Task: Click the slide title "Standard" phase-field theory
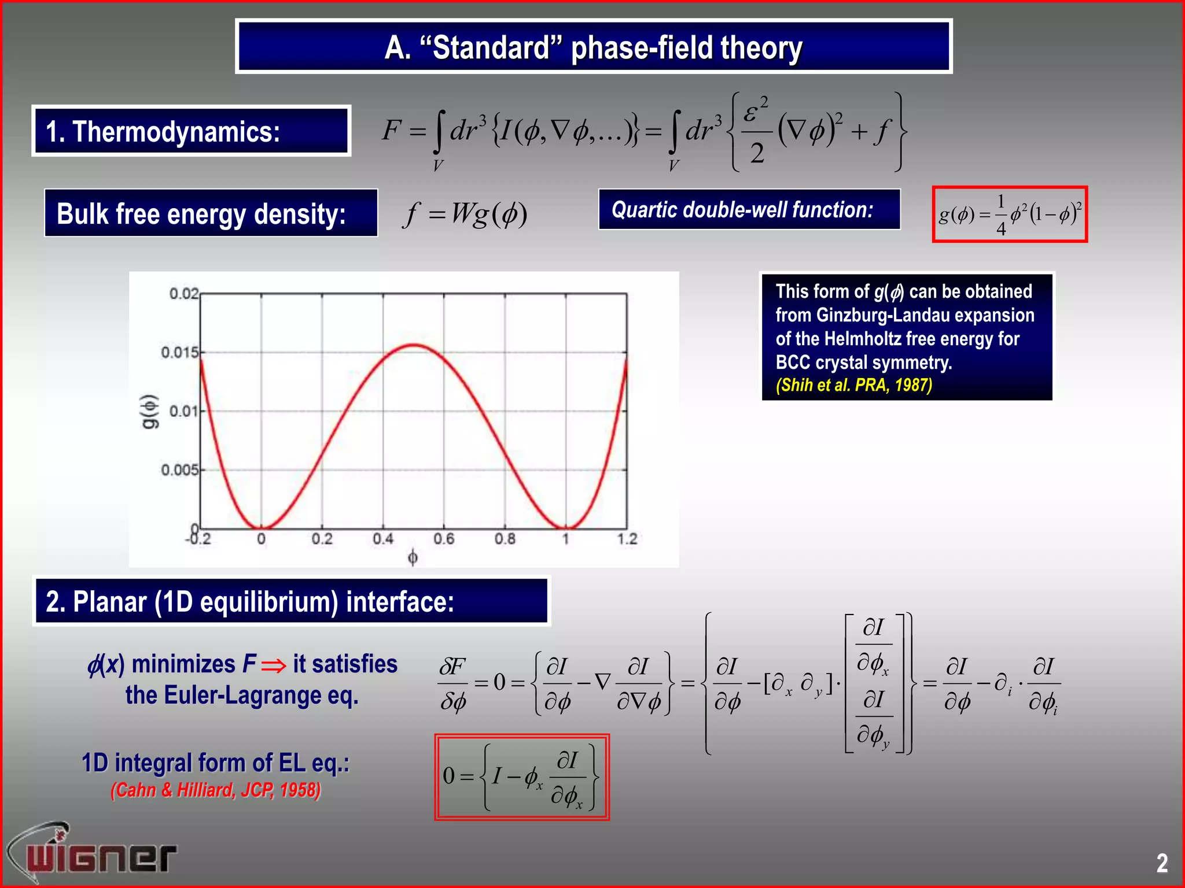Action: [x=593, y=47]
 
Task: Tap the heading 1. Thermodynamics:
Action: [x=163, y=132]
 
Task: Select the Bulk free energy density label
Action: [x=201, y=214]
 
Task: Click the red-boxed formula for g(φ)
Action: [x=1010, y=214]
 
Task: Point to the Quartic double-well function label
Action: [x=742, y=210]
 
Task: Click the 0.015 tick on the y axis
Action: [x=179, y=352]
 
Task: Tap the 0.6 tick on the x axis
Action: [x=444, y=539]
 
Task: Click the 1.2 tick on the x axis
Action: [x=627, y=539]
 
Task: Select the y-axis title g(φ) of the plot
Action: [x=149, y=412]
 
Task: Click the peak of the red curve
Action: [x=414, y=345]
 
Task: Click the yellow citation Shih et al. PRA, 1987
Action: [x=853, y=385]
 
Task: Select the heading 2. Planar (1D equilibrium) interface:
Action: [x=250, y=602]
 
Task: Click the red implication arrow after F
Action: [x=274, y=666]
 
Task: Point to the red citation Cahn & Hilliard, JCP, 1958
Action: [x=215, y=790]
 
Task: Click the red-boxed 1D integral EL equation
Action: [x=521, y=777]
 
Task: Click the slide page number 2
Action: [x=1162, y=863]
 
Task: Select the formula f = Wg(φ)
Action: [x=465, y=214]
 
